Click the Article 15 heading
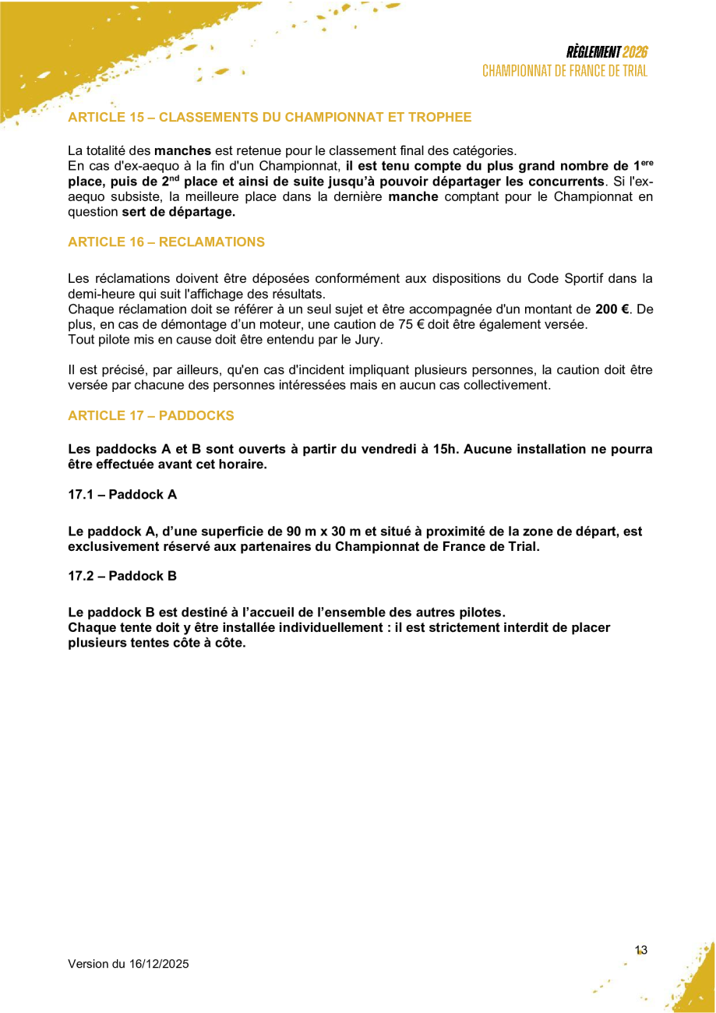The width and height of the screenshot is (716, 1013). coord(270,118)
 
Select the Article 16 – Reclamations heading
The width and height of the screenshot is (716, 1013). coord(166,242)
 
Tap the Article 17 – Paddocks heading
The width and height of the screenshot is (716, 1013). coord(151,415)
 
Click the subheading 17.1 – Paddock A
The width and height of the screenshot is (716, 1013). coord(122,494)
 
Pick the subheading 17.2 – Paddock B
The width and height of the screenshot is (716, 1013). coord(122,576)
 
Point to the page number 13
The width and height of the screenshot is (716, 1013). coord(641,950)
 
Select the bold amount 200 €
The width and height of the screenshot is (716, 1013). coord(612,309)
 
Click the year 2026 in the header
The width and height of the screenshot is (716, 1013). coord(635,52)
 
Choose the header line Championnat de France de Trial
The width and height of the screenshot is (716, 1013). coord(565,71)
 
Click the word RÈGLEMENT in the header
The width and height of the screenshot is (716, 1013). coord(594,52)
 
